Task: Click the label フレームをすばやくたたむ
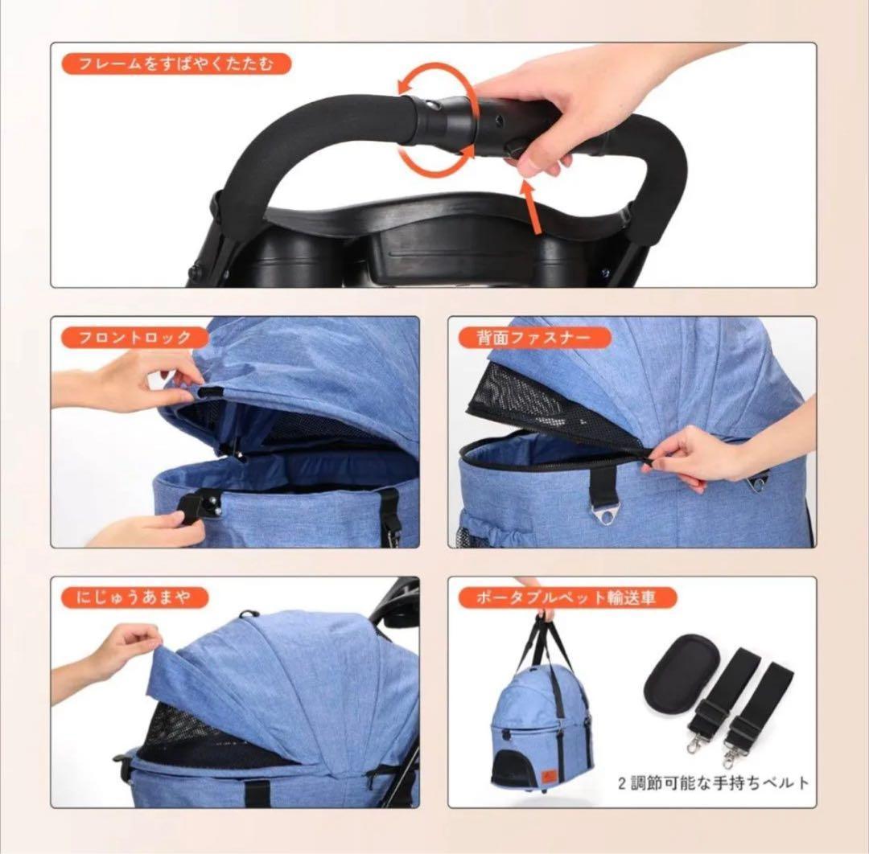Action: point(176,64)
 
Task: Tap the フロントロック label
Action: point(134,337)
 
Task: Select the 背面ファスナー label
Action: point(534,337)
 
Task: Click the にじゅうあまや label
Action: point(134,597)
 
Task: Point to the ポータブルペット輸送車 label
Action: point(568,597)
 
